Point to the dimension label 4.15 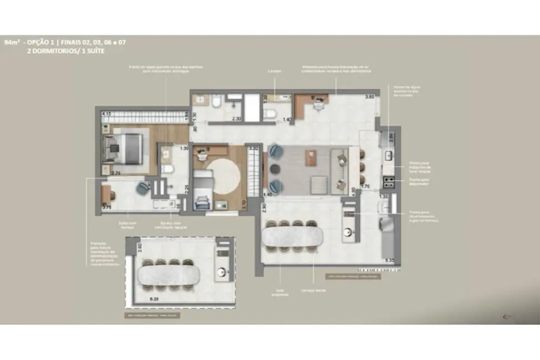coord(107,114)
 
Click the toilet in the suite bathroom coord(166,169)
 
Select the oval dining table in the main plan coord(291,236)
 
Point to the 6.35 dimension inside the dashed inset coord(154,299)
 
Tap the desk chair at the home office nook coord(317,102)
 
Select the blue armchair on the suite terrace coord(143,188)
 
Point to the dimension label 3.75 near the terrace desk coord(107,208)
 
